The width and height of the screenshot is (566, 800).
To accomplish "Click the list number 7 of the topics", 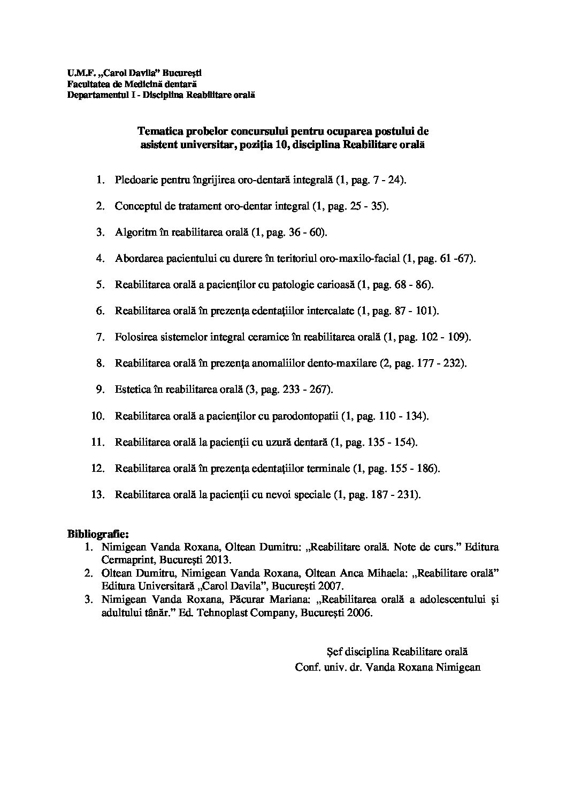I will click(100, 337).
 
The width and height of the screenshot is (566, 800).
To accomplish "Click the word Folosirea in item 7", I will click(135, 337).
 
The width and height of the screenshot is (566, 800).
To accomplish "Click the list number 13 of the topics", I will click(97, 494).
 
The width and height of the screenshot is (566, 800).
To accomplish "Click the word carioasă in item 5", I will click(337, 285).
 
